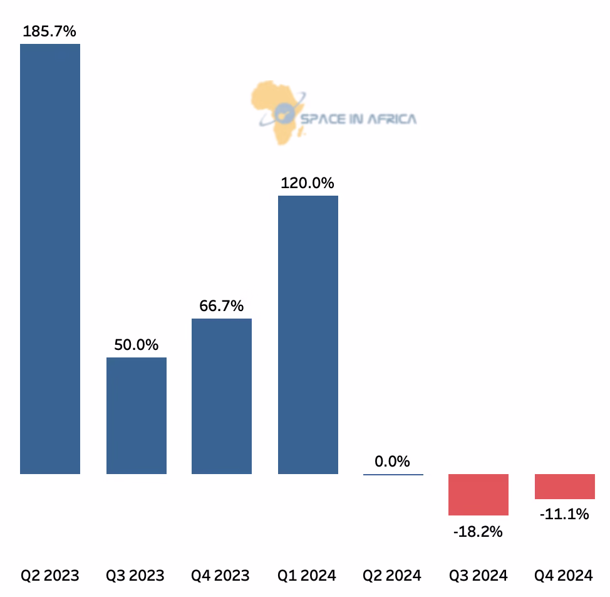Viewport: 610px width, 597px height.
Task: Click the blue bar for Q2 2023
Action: pos(50,258)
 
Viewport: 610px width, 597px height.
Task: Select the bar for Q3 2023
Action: pos(137,415)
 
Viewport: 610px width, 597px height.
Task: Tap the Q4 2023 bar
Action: pos(222,396)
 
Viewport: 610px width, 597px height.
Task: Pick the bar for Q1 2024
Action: pos(308,334)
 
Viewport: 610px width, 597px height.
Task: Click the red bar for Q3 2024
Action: pos(478,494)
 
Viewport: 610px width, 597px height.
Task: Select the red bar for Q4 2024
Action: pos(565,486)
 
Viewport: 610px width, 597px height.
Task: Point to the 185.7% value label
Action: pos(49,31)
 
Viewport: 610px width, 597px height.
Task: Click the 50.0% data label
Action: pos(136,345)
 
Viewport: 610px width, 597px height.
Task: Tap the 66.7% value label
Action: pos(222,306)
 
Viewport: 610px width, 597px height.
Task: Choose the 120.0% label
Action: pos(308,183)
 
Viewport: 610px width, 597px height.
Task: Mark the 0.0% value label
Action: pos(393,462)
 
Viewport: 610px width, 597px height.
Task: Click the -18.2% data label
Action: pos(478,532)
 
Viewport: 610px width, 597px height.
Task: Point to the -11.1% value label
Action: pos(564,514)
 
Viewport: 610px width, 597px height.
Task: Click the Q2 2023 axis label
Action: pos(50,575)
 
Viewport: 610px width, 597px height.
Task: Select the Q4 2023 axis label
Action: pos(220,575)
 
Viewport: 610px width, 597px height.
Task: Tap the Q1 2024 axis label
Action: pos(307,575)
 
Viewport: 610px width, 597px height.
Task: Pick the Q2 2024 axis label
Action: pos(392,575)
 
